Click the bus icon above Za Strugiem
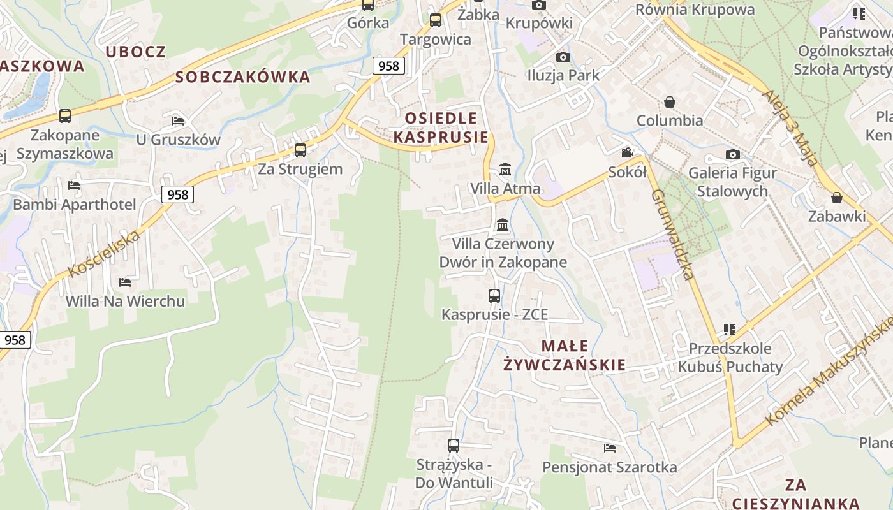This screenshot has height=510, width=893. [x=300, y=150]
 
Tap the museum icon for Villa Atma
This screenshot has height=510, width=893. [x=505, y=170]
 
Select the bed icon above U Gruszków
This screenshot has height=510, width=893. [x=178, y=120]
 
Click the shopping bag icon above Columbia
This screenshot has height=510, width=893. [x=670, y=102]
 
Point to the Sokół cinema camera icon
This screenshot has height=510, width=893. [x=628, y=153]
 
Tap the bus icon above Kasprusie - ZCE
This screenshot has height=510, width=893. [x=494, y=296]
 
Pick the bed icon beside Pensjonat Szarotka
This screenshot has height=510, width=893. [x=610, y=448]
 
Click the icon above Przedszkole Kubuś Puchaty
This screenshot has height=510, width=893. [x=730, y=330]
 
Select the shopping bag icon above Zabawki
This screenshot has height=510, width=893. [x=837, y=198]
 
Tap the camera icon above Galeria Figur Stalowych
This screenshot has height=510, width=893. [x=732, y=154]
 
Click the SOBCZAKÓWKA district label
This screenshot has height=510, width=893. [x=242, y=77]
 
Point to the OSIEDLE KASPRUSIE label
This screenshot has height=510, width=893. [x=441, y=127]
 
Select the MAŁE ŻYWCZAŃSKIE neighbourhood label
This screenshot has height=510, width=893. [x=565, y=355]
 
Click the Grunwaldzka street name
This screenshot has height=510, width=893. [x=673, y=235]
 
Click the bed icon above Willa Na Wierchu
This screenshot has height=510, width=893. [x=125, y=282]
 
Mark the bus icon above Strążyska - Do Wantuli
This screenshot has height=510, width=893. [x=454, y=446]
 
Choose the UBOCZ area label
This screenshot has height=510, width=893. [x=135, y=52]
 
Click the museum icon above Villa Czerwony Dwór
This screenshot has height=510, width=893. [x=503, y=225]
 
